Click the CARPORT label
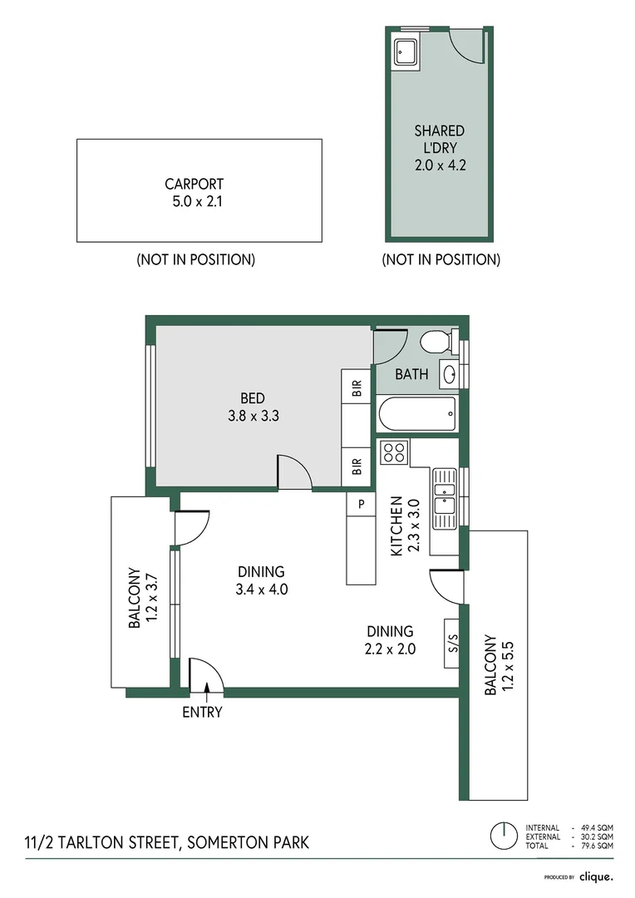point(194,185)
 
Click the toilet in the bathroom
point(435,342)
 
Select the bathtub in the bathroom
point(416,412)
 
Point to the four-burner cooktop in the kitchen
point(393,452)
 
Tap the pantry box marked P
point(362,504)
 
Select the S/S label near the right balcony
point(453,643)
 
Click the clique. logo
point(596,876)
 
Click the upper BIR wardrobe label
point(357,387)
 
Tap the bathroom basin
point(448,374)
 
